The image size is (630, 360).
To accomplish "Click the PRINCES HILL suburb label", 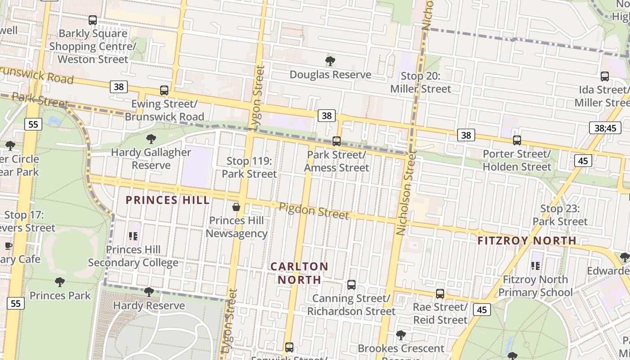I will [x=167, y=200].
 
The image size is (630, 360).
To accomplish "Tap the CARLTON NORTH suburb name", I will [x=299, y=273].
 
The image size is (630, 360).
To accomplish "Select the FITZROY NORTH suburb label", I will [x=527, y=241].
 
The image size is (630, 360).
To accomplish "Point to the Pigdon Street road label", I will [x=314, y=211].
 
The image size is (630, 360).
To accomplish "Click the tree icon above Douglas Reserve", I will [x=330, y=61].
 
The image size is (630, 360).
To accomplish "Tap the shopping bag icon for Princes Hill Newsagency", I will [x=236, y=207].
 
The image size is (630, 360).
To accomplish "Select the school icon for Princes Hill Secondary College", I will [x=133, y=236].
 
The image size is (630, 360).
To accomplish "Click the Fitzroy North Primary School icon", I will [x=535, y=266].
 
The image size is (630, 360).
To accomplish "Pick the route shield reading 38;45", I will [x=605, y=128].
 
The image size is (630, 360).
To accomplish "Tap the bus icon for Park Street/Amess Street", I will [x=336, y=141].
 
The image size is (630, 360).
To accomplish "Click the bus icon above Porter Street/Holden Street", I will [x=517, y=140].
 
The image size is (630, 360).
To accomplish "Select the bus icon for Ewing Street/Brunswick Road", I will [x=164, y=90].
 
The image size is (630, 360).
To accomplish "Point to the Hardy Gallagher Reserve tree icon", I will [x=151, y=139].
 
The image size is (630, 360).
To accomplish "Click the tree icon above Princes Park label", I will [x=59, y=282].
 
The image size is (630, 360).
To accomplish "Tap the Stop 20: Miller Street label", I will [x=420, y=82].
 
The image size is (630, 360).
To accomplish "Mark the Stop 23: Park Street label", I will [x=560, y=215].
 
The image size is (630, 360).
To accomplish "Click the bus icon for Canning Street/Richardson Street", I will [x=351, y=285].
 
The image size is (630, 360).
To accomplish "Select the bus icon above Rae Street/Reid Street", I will [x=440, y=294].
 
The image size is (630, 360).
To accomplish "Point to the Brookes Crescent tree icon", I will [x=400, y=335].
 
